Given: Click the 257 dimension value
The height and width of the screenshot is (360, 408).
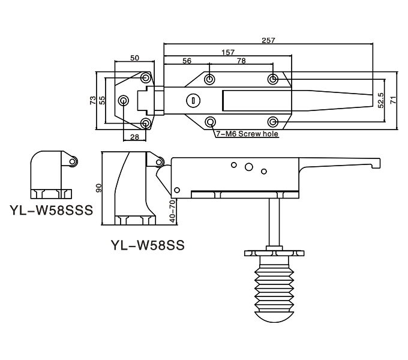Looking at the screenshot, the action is pos(268,40).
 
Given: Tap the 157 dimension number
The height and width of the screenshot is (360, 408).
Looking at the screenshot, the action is pos(228,53).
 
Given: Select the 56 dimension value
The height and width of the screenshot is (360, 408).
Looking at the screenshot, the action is pos(187,61).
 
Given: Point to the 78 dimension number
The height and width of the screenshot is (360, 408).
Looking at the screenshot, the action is pos(241,61).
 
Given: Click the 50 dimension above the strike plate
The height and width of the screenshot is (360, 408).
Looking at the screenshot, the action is pos(134,58).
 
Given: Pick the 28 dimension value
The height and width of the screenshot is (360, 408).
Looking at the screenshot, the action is pos(134,137).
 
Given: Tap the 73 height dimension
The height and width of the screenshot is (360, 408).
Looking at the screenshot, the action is pos(92,100).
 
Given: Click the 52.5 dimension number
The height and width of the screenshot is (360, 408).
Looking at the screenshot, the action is pos(380,100).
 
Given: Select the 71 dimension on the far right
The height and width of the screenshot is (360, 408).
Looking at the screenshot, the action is pos(393,100).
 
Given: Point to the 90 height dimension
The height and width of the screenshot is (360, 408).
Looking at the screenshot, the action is pos(99,188).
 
